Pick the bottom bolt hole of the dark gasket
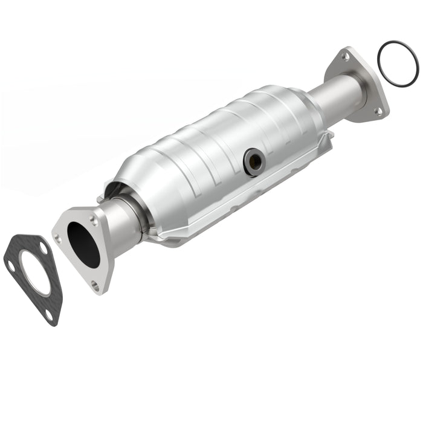49,314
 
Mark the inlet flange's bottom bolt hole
95,283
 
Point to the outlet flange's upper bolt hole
345,56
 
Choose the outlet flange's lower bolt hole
378,111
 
